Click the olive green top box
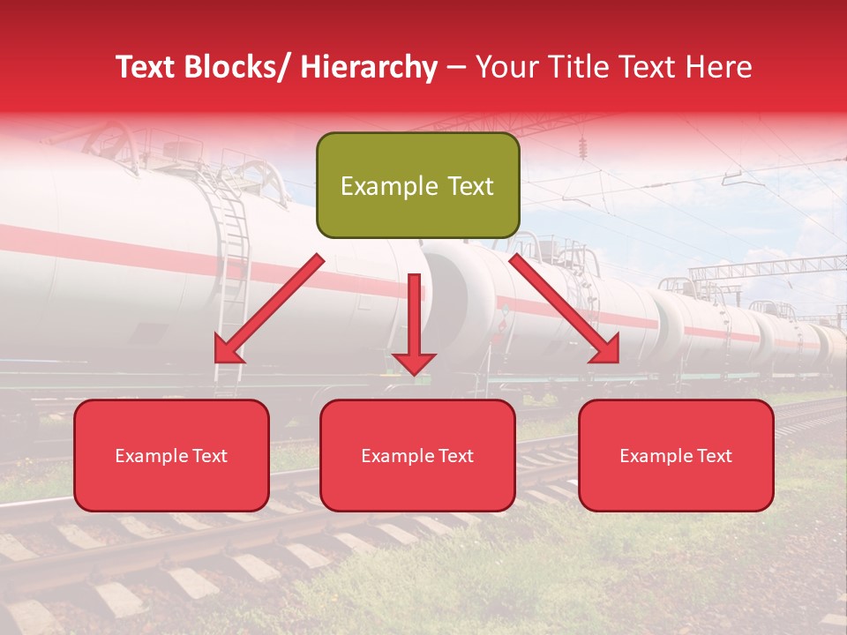[x=417, y=185]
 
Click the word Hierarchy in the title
[x=368, y=67]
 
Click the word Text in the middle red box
[x=454, y=456]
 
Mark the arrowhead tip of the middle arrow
[x=414, y=373]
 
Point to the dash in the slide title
[x=456, y=67]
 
